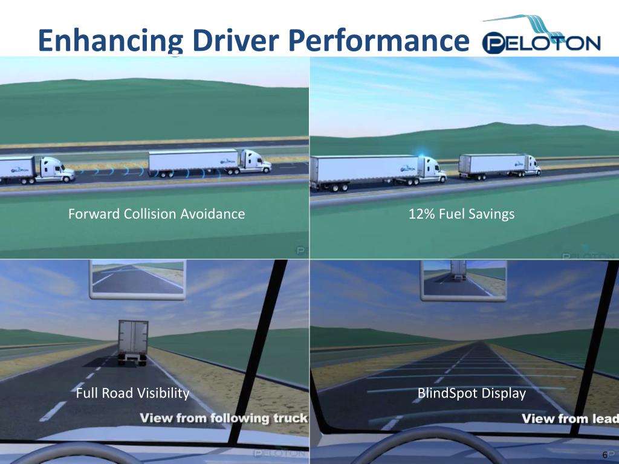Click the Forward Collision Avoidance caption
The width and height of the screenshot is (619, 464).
(157, 214)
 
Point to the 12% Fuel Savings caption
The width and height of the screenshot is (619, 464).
(462, 214)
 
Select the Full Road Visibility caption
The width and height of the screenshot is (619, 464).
(133, 394)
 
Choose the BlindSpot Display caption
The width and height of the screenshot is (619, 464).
(472, 394)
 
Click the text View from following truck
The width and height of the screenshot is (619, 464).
(224, 418)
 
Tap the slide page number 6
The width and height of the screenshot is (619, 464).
(604, 454)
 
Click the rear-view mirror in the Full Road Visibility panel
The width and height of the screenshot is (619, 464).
(137, 280)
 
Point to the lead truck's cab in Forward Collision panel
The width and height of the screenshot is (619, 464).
(254, 162)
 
